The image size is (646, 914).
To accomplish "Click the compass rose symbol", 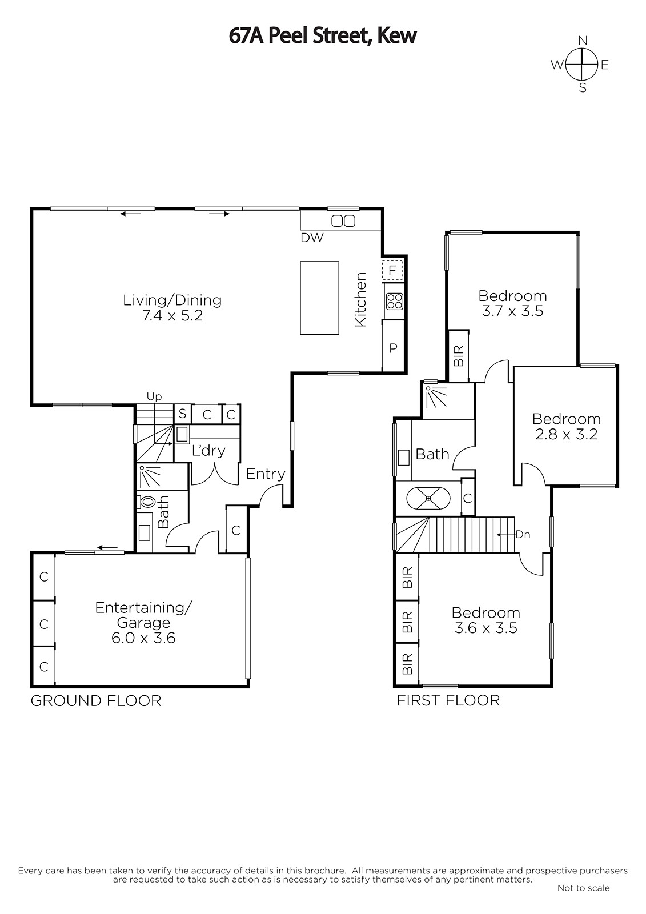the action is [582, 65].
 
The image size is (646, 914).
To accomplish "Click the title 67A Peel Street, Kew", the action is [322, 35].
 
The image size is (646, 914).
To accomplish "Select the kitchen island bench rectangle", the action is [319, 298].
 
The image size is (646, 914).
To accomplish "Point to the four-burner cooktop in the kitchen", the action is [394, 302].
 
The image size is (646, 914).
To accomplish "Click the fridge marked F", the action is [392, 270].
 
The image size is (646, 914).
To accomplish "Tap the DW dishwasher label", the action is [312, 238].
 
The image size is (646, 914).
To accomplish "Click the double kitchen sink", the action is [343, 221].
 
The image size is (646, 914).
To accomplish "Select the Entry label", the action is [266, 474].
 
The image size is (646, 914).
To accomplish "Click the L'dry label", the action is [208, 451].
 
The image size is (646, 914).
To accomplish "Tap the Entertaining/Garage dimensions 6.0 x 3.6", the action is [143, 638].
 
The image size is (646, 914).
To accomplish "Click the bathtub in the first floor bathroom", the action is [428, 498].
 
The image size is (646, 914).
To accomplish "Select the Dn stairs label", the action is [523, 534].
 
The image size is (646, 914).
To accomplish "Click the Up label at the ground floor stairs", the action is [154, 396].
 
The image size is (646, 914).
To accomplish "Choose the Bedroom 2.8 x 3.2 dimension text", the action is [567, 434].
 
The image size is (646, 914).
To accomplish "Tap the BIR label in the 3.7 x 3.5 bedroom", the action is [459, 355].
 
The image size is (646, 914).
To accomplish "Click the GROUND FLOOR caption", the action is [96, 700].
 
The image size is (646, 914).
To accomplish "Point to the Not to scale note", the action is [583, 888].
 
